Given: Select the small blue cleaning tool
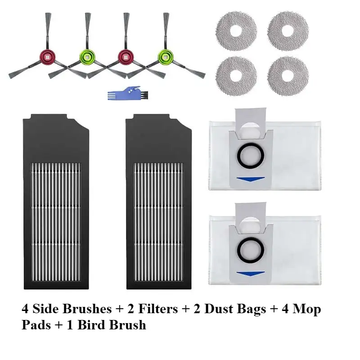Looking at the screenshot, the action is coord(127,93).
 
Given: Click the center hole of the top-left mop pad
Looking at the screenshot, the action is coord(236,31).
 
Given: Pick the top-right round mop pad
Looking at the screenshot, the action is coord(288,31).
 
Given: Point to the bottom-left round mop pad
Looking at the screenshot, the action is coord(236,76).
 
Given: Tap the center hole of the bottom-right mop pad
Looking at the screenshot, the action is coord(288,76).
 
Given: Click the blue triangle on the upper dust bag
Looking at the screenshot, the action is coord(250,179).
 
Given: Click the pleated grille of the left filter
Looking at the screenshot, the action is coord(56,222).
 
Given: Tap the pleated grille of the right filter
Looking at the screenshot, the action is coord(158,222).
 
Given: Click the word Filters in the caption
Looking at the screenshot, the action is coord(158,309).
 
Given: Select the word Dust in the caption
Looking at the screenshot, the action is coord(219,309).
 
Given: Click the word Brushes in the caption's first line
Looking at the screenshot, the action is coord(86,309).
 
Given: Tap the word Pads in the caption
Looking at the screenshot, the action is coord(36,325).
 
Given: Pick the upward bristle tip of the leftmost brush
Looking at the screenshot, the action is coord(48,13).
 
